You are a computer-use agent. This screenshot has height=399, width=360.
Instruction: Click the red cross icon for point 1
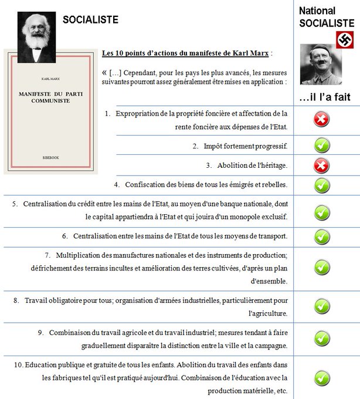click(x=321, y=120)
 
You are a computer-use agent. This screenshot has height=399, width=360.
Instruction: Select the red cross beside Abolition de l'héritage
click(x=321, y=165)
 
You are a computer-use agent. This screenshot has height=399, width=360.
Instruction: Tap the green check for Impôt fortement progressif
click(x=321, y=145)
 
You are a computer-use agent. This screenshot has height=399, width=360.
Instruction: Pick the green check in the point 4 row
click(x=321, y=185)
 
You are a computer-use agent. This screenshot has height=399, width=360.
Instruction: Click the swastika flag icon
click(x=345, y=39)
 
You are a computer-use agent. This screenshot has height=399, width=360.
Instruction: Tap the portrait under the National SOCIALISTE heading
click(x=321, y=64)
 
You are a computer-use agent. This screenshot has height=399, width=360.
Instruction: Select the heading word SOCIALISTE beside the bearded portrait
click(x=99, y=20)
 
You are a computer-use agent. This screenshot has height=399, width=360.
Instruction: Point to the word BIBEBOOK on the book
click(x=50, y=158)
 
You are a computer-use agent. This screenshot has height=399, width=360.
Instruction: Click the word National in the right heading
click(x=317, y=11)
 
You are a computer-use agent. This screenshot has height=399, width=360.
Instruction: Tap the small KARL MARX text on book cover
click(x=50, y=76)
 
